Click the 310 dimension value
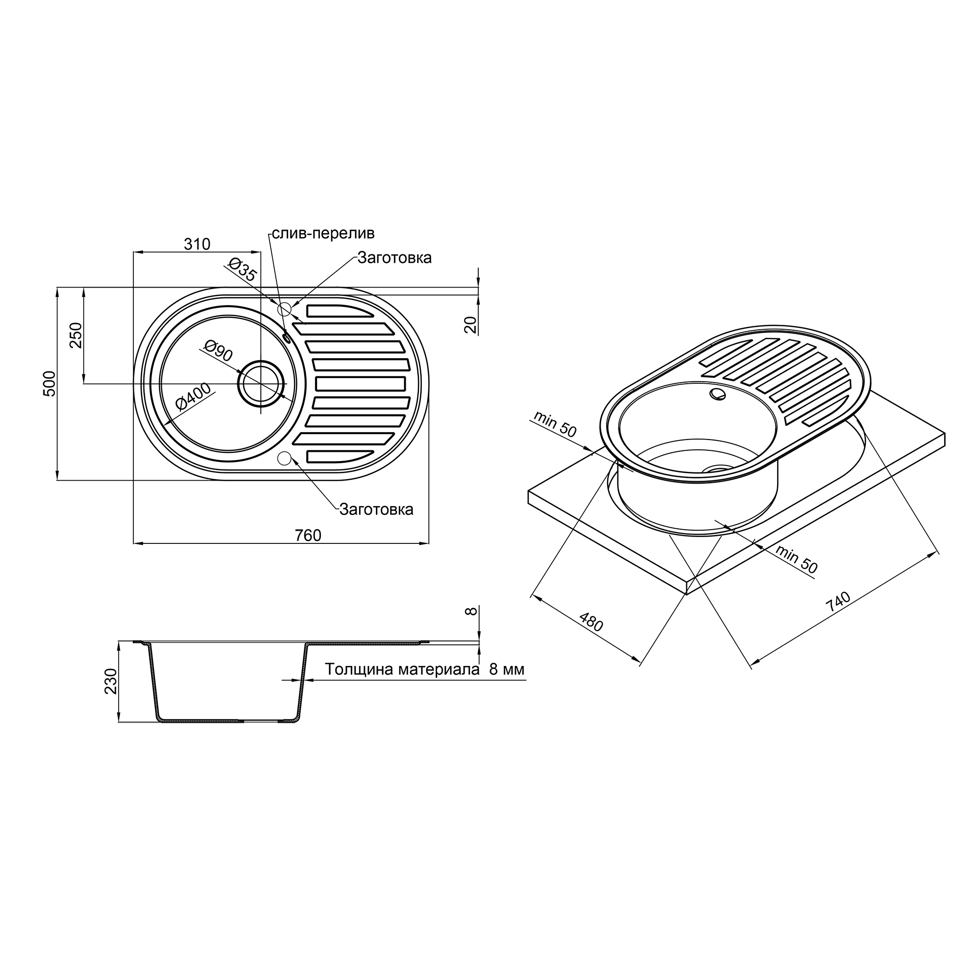coord(197,245)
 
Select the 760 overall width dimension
coord(308,535)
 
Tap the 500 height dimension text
coord(49,384)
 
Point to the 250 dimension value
coord(75,335)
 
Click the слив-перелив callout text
coord(323,233)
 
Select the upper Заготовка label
coord(394,258)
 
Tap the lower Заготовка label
coord(376,509)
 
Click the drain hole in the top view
coord(261,384)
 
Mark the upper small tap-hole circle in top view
coord(285,308)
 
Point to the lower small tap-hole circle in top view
coord(285,458)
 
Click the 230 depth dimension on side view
coord(111,681)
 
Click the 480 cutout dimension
coord(591,622)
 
